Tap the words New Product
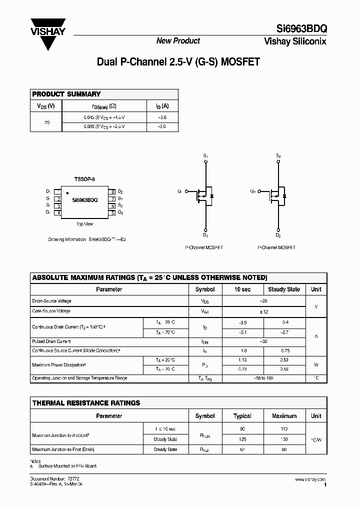[x=178, y=41]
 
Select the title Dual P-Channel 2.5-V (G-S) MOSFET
[x=178, y=62]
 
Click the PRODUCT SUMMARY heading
[x=66, y=94]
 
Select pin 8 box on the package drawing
[x=113, y=191]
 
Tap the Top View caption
[x=84, y=224]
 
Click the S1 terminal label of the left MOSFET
[x=205, y=156]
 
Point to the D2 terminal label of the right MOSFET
[x=278, y=235]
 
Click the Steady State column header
[x=284, y=289]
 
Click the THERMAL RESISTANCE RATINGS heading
[x=86, y=403]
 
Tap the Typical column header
[x=242, y=416]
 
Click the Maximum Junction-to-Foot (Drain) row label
[x=63, y=449]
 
